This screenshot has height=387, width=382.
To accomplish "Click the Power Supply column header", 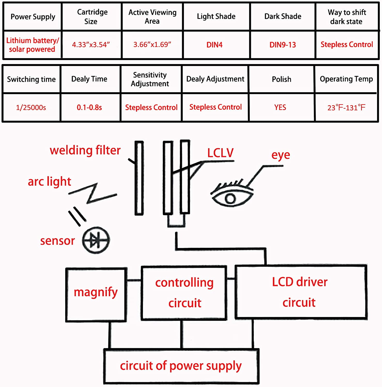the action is pyautogui.click(x=33, y=17).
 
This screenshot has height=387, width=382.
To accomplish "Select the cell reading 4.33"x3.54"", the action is pyautogui.click(x=91, y=45).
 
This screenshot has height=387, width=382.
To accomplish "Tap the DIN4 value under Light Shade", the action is pyautogui.click(x=214, y=45).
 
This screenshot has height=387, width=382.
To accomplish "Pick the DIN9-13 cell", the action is pyautogui.click(x=283, y=45).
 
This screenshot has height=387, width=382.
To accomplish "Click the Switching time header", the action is pyautogui.click(x=31, y=79).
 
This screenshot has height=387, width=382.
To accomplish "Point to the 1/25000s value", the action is pyautogui.click(x=31, y=107).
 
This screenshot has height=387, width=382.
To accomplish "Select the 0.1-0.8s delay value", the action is pyautogui.click(x=89, y=107).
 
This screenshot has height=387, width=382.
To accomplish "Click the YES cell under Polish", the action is pyautogui.click(x=280, y=107).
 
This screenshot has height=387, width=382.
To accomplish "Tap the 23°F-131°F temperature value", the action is pyautogui.click(x=346, y=108).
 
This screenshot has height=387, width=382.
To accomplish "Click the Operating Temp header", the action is pyautogui.click(x=346, y=79).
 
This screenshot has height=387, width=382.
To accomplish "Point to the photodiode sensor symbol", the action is pyautogui.click(x=96, y=240).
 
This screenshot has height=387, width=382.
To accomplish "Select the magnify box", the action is pyautogui.click(x=96, y=295).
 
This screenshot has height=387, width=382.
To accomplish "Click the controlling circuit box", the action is pyautogui.click(x=184, y=293).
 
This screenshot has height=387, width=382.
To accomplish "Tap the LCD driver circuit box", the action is pyautogui.click(x=301, y=292).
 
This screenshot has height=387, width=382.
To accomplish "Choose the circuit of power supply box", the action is pyautogui.click(x=181, y=366).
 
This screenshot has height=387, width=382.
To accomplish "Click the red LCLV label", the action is pyautogui.click(x=220, y=153).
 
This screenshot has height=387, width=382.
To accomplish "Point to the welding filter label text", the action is pyautogui.click(x=85, y=150).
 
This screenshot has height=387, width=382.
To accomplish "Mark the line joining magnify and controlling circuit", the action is pyautogui.click(x=134, y=280).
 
